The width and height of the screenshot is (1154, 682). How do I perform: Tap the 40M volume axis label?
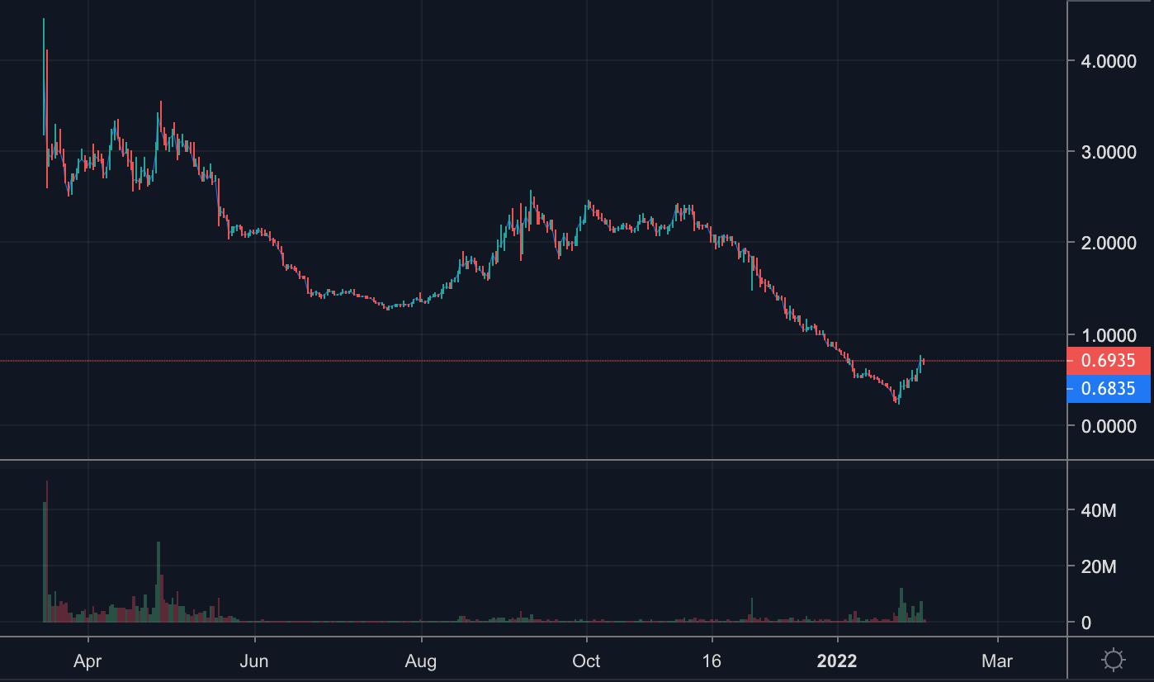pyautogui.click(x=1098, y=511)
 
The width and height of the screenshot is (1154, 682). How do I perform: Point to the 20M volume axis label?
pyautogui.click(x=1098, y=567)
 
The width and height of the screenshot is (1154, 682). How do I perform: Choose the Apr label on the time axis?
pyautogui.click(x=87, y=661)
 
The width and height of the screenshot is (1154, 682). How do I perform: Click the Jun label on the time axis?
pyautogui.click(x=255, y=661)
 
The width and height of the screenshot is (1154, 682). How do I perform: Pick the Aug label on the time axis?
pyautogui.click(x=421, y=661)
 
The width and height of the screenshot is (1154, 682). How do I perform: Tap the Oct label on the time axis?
pyautogui.click(x=586, y=661)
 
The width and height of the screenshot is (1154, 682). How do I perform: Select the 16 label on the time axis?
pyautogui.click(x=712, y=661)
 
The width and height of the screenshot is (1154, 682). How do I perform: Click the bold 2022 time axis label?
pyautogui.click(x=837, y=661)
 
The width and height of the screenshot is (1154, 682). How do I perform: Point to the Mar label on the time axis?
pyautogui.click(x=997, y=661)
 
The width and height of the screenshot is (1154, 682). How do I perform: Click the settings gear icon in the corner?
pyautogui.click(x=1114, y=660)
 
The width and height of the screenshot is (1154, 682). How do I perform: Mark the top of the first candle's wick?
pyautogui.click(x=44, y=19)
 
